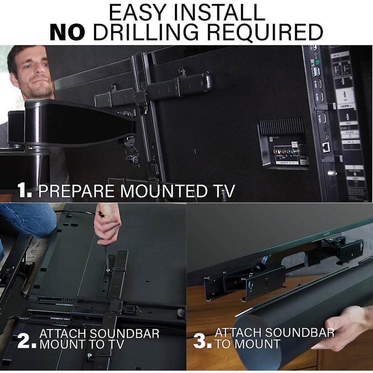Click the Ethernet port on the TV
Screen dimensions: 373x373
[326, 146]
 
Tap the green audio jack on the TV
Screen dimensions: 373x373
[318, 62]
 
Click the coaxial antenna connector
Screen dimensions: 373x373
[332, 173]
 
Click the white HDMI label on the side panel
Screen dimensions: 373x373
[346, 107]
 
